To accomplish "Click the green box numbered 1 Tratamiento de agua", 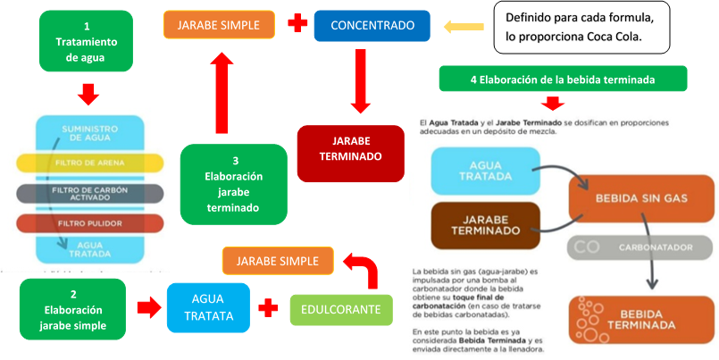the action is click(x=87, y=41).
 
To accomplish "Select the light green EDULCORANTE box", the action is click(x=341, y=309).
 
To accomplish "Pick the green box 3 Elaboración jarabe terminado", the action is click(x=233, y=184).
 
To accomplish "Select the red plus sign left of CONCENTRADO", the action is click(x=297, y=25).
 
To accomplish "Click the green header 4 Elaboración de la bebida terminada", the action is click(x=563, y=79).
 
